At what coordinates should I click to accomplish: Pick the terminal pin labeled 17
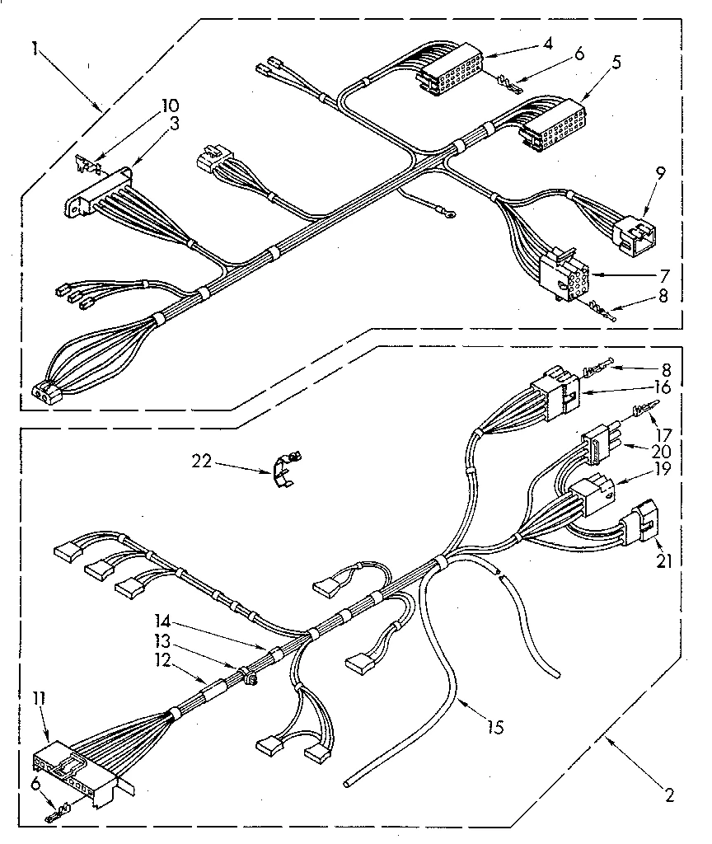pyautogui.click(x=643, y=409)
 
